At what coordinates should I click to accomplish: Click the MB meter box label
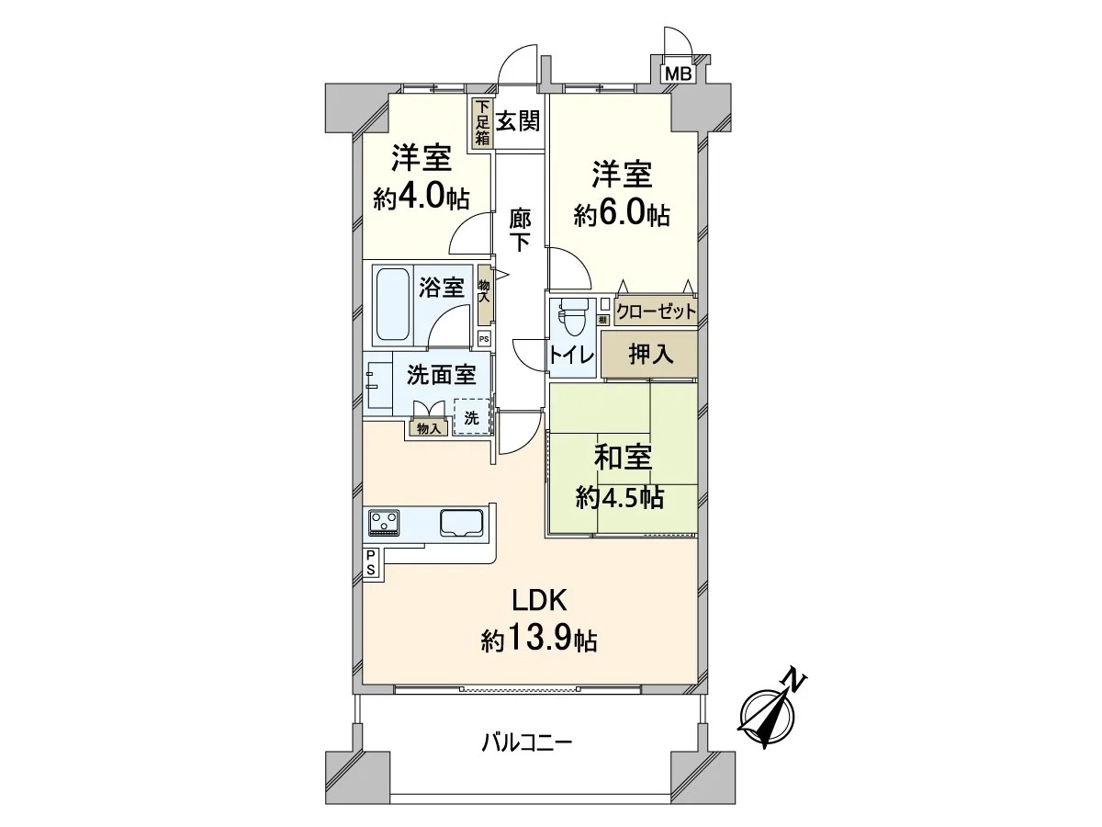679,74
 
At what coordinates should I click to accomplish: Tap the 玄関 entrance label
518,121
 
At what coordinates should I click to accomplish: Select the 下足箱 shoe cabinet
482,122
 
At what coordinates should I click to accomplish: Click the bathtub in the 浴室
393,305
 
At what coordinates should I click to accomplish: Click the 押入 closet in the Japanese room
649,354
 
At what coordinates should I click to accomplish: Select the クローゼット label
657,312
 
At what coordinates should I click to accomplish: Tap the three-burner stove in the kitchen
385,522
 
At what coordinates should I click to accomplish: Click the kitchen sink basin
461,523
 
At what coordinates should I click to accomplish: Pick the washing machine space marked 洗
471,416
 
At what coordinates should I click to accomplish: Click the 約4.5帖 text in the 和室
619,498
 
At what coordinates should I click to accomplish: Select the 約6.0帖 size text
622,216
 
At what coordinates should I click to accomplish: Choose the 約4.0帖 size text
422,198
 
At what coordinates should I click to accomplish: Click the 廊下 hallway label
520,229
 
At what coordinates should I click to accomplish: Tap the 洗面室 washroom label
442,374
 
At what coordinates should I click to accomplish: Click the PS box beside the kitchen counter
371,562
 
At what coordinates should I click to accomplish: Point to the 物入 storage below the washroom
429,428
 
